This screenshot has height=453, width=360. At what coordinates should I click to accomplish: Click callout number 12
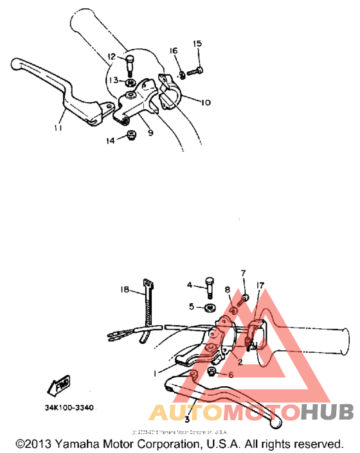click(x=111, y=57)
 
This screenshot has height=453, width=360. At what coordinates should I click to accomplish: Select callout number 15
click(x=197, y=44)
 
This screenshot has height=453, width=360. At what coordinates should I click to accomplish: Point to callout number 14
click(x=111, y=141)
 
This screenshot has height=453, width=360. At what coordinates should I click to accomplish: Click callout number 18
click(x=125, y=290)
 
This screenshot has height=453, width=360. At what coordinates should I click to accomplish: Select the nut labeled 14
click(x=130, y=136)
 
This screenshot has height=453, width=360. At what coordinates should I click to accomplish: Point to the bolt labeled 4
click(x=210, y=287)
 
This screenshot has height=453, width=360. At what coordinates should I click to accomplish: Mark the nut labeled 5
click(x=210, y=306)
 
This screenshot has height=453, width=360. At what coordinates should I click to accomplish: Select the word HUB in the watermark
click(x=325, y=411)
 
